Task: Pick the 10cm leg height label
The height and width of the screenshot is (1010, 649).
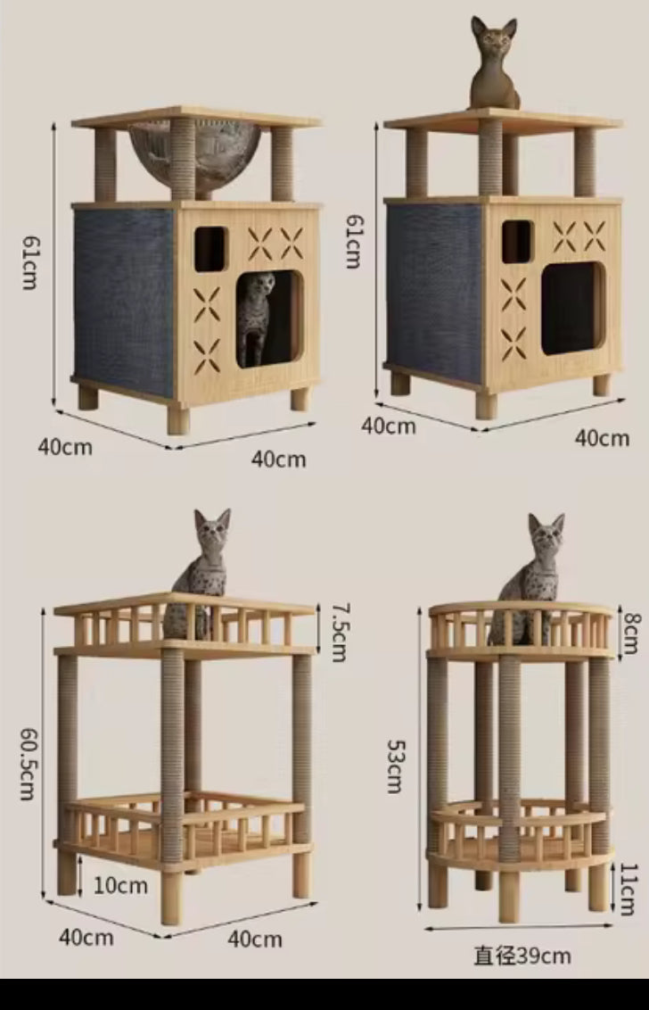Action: point(119,885)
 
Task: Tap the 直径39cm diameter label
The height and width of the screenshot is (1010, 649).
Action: point(522,956)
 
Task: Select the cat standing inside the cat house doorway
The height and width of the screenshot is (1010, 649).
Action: point(259,317)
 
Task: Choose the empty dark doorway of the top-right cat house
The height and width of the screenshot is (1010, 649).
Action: point(571,309)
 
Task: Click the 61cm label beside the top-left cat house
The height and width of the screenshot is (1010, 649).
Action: point(30,264)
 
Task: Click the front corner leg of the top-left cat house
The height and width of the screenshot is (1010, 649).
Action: point(178,419)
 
